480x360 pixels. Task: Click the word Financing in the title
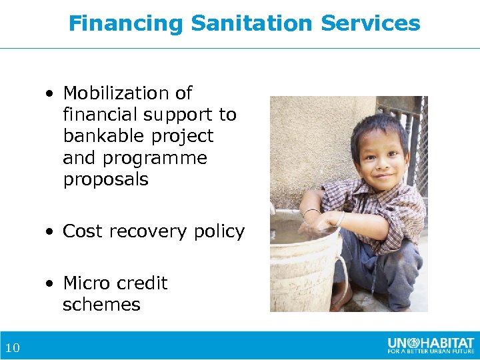[x=126, y=24]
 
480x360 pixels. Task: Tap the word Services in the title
[x=371, y=24]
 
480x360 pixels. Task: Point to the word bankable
[x=99, y=136]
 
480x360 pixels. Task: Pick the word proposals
[x=105, y=180]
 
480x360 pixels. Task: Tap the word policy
[x=219, y=231]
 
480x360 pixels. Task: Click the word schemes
[x=101, y=305]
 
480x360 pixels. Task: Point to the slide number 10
[x=12, y=347]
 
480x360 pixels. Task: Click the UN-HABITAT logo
[x=429, y=345]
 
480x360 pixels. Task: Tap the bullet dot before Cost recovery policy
[x=51, y=232]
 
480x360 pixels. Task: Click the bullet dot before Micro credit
[x=51, y=284]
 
